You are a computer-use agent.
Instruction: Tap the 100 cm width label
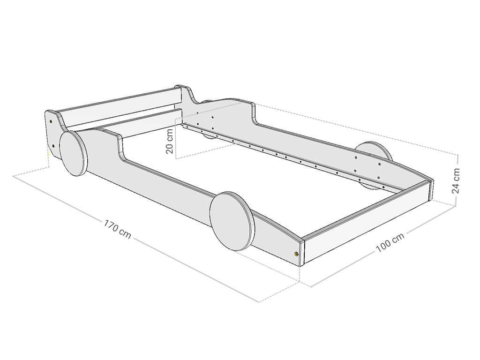tap(390, 243)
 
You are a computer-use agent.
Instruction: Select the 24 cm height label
tap(455, 180)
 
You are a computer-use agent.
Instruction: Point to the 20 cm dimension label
tap(170, 142)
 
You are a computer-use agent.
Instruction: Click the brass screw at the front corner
tap(297, 254)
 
